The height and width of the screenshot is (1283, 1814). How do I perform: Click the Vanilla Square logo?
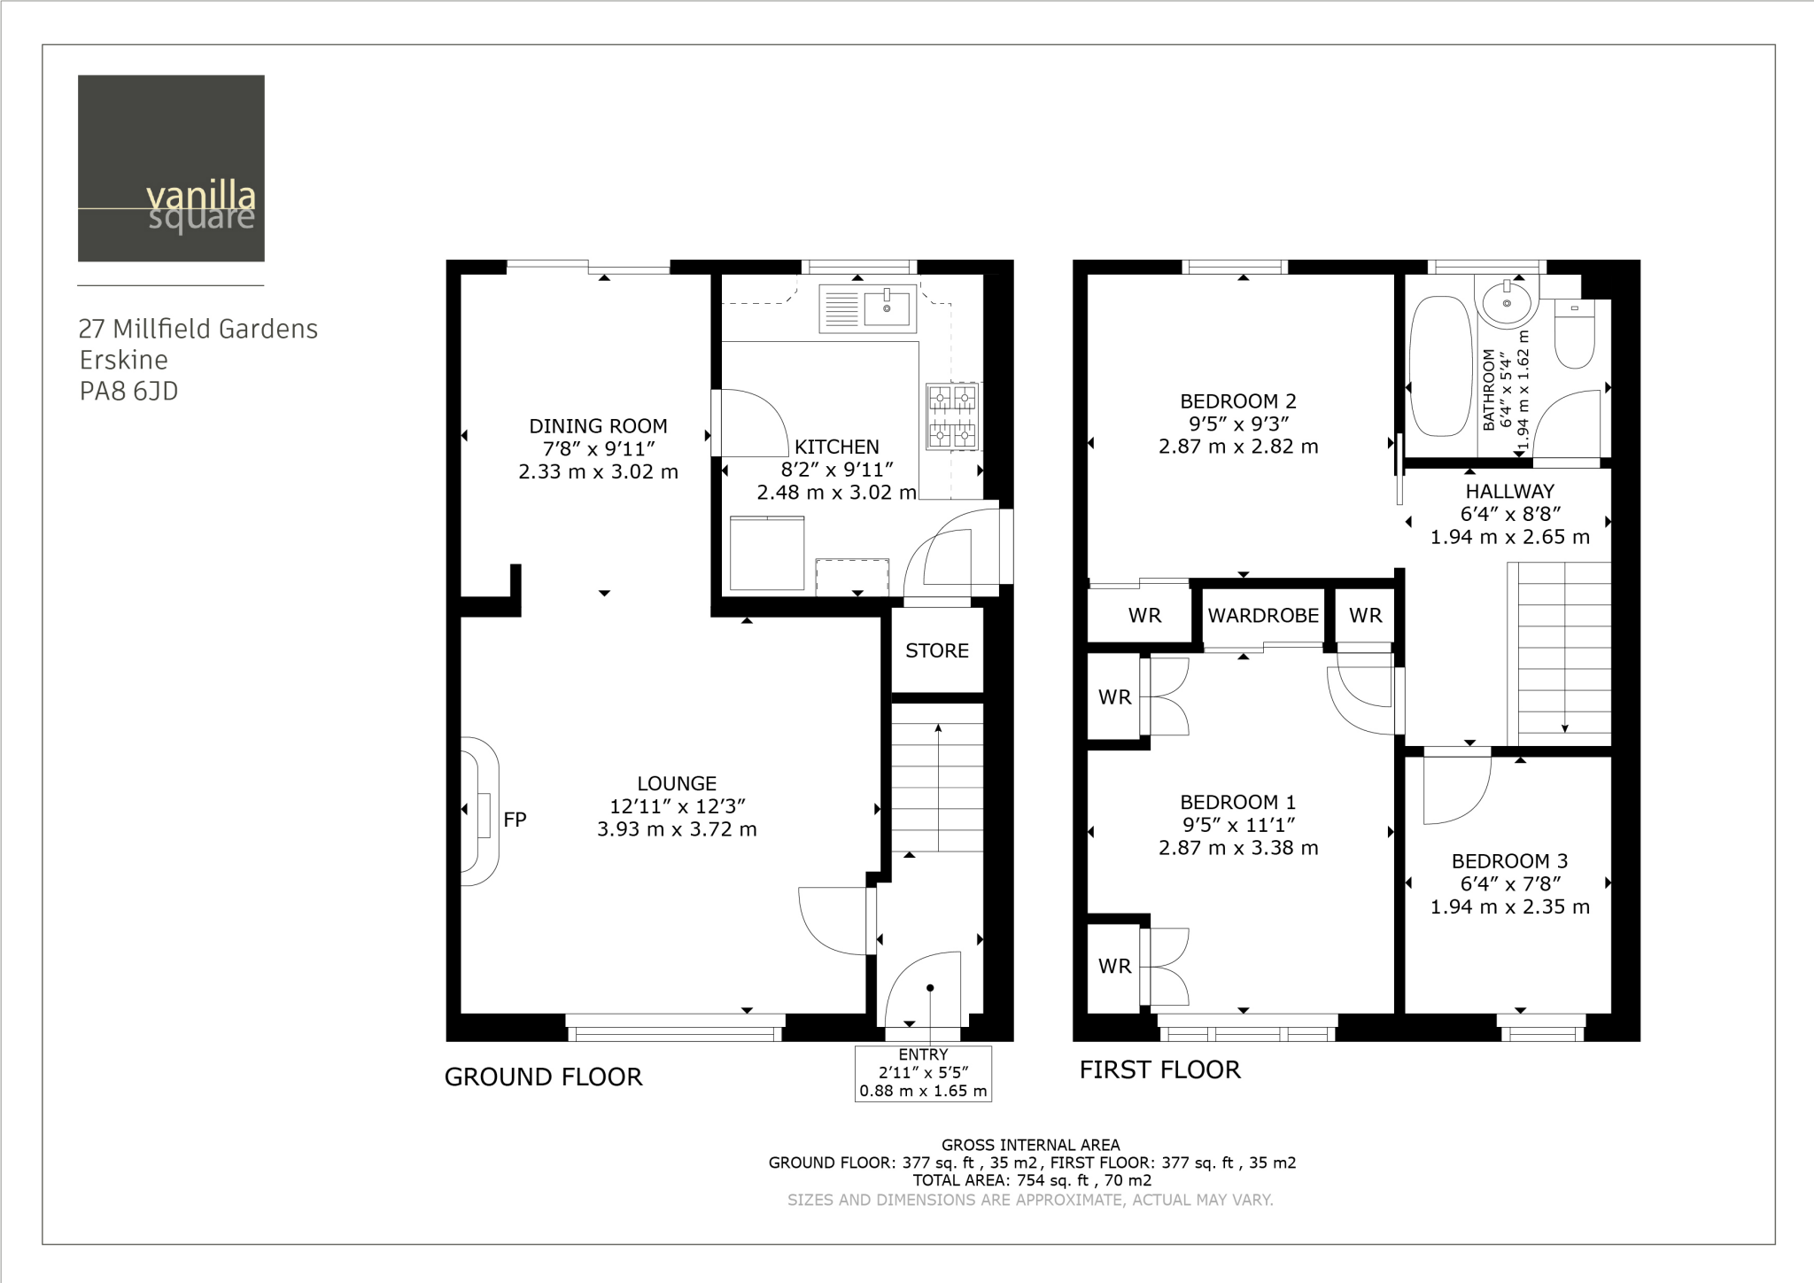click(171, 168)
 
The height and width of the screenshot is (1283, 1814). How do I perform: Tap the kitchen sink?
click(868, 307)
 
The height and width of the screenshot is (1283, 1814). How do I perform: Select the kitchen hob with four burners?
click(952, 415)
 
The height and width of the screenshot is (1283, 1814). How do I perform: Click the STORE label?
click(937, 650)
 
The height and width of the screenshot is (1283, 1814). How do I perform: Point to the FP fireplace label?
click(515, 820)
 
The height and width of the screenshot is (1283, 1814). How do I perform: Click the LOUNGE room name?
click(677, 783)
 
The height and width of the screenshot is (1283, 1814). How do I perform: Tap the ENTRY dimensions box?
click(923, 1073)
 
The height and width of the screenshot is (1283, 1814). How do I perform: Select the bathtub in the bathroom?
click(1441, 366)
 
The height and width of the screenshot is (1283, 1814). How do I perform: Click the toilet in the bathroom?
click(1575, 333)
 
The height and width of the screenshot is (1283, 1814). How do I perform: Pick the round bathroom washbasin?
click(1507, 302)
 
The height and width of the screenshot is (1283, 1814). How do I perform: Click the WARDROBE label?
click(1263, 615)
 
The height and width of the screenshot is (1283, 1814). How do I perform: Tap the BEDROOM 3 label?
click(1509, 860)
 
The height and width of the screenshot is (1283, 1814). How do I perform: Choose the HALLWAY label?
click(1509, 491)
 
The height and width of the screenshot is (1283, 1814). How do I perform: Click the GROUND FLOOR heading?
click(543, 1077)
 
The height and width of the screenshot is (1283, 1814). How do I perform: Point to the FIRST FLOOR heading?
click(1159, 1069)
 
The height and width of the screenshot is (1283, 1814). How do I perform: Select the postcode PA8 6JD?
click(129, 391)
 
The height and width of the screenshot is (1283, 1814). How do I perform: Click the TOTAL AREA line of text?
click(1032, 1180)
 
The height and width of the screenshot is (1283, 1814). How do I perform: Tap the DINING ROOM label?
click(598, 425)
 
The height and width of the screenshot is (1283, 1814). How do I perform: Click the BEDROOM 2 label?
click(1238, 400)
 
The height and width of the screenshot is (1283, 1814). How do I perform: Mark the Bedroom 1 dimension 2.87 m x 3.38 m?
click(1238, 848)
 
